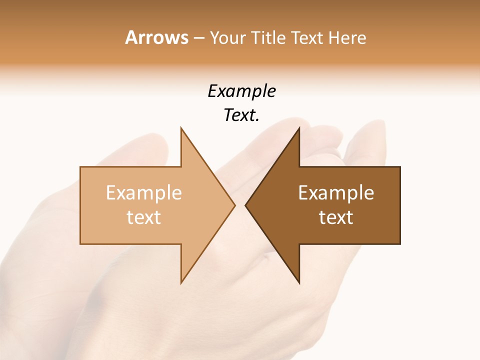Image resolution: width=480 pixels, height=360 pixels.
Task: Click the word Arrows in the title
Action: click(156, 37)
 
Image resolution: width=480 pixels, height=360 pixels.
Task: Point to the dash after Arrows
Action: click(198, 38)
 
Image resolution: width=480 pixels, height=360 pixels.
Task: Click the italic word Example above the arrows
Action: click(241, 91)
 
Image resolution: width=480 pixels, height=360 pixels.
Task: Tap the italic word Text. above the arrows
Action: click(241, 115)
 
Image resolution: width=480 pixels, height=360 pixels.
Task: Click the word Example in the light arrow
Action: click(143, 192)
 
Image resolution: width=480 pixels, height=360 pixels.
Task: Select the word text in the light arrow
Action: click(143, 217)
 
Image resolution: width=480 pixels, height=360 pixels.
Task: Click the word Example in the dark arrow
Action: click(336, 192)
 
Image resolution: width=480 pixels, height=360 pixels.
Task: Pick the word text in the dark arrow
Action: click(336, 217)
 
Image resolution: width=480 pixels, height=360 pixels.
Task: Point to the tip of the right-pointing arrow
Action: click(234, 205)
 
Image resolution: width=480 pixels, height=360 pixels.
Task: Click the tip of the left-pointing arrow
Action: click(245, 205)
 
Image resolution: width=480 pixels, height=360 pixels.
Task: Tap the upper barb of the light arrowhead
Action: click(181, 128)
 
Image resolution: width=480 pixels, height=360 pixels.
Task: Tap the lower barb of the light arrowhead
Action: click(181, 283)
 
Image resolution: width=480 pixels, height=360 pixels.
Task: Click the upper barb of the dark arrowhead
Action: click(298, 128)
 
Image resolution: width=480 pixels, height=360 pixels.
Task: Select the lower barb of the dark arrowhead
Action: click(298, 283)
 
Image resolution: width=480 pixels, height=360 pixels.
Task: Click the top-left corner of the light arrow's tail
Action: click(80, 167)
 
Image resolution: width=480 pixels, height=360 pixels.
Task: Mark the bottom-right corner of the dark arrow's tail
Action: click(400, 244)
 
